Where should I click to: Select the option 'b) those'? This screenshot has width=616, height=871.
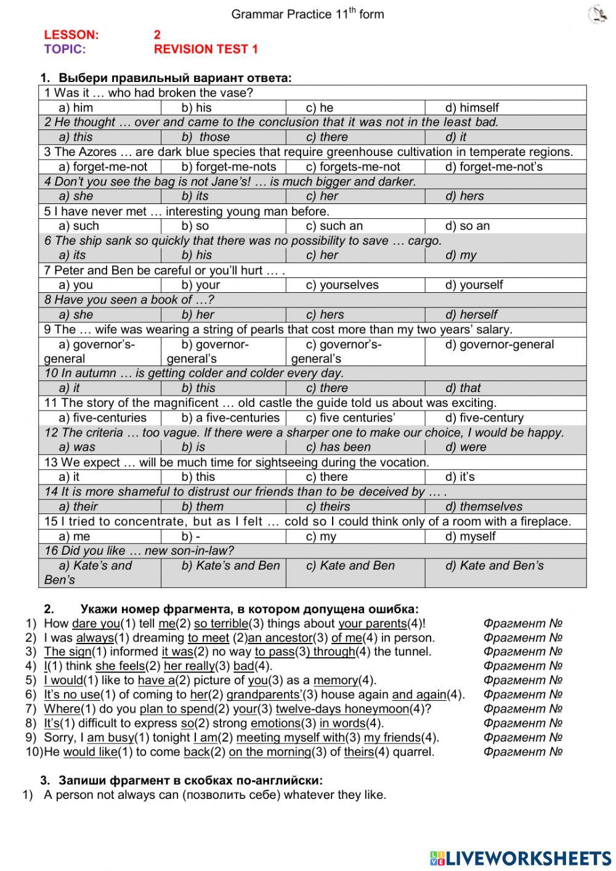pos(205,137)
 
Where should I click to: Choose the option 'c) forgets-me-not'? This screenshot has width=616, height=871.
pos(352,166)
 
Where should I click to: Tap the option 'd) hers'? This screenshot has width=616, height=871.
pos(464,196)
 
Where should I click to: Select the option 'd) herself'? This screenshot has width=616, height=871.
pos(471,314)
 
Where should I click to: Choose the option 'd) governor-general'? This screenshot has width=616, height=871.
pos(499,345)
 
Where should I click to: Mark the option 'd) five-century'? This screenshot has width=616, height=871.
pos(484,417)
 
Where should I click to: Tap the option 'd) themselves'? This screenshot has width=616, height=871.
pos(484,506)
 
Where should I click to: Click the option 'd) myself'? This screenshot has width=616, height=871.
pos(470,536)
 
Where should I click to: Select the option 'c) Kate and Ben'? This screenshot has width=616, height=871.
pos(350,565)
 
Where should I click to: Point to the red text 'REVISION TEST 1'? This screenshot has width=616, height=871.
pos(206,49)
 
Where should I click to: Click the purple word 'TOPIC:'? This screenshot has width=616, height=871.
pos(65,49)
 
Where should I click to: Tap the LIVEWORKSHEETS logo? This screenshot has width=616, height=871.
pos(521,858)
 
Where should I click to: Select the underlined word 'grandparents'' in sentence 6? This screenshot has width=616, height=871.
pos(264,695)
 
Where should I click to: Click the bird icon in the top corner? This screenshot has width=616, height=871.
pos(597,14)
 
